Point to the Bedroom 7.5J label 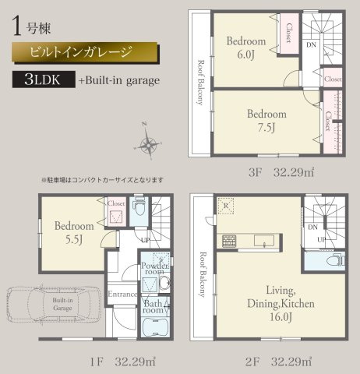[267, 121]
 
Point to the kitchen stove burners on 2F [230, 239]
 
